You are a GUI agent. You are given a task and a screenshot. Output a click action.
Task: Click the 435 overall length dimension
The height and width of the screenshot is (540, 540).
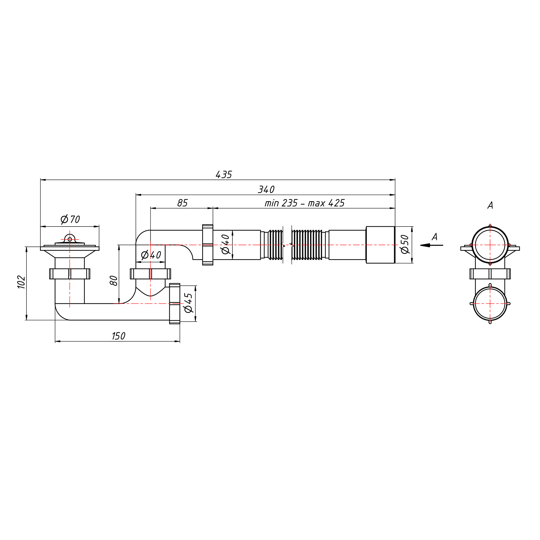click(x=224, y=175)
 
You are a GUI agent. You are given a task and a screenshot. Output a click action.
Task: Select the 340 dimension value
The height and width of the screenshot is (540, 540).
click(x=266, y=190)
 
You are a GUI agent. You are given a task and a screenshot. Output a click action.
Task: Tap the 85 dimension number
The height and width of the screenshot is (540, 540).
click(x=183, y=203)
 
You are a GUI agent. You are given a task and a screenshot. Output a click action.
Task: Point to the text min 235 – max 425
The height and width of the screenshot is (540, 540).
click(x=305, y=203)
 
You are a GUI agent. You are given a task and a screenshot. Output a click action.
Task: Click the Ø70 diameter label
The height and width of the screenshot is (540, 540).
click(x=70, y=220)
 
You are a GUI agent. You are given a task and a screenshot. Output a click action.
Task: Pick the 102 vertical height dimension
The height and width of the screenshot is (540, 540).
click(x=22, y=282)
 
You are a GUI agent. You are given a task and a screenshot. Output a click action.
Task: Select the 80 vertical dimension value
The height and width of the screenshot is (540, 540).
click(x=114, y=281)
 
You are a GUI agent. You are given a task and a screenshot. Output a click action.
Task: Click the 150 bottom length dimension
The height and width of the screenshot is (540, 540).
click(x=119, y=336)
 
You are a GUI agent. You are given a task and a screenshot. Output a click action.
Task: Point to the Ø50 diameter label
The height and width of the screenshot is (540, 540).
click(x=405, y=244)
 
